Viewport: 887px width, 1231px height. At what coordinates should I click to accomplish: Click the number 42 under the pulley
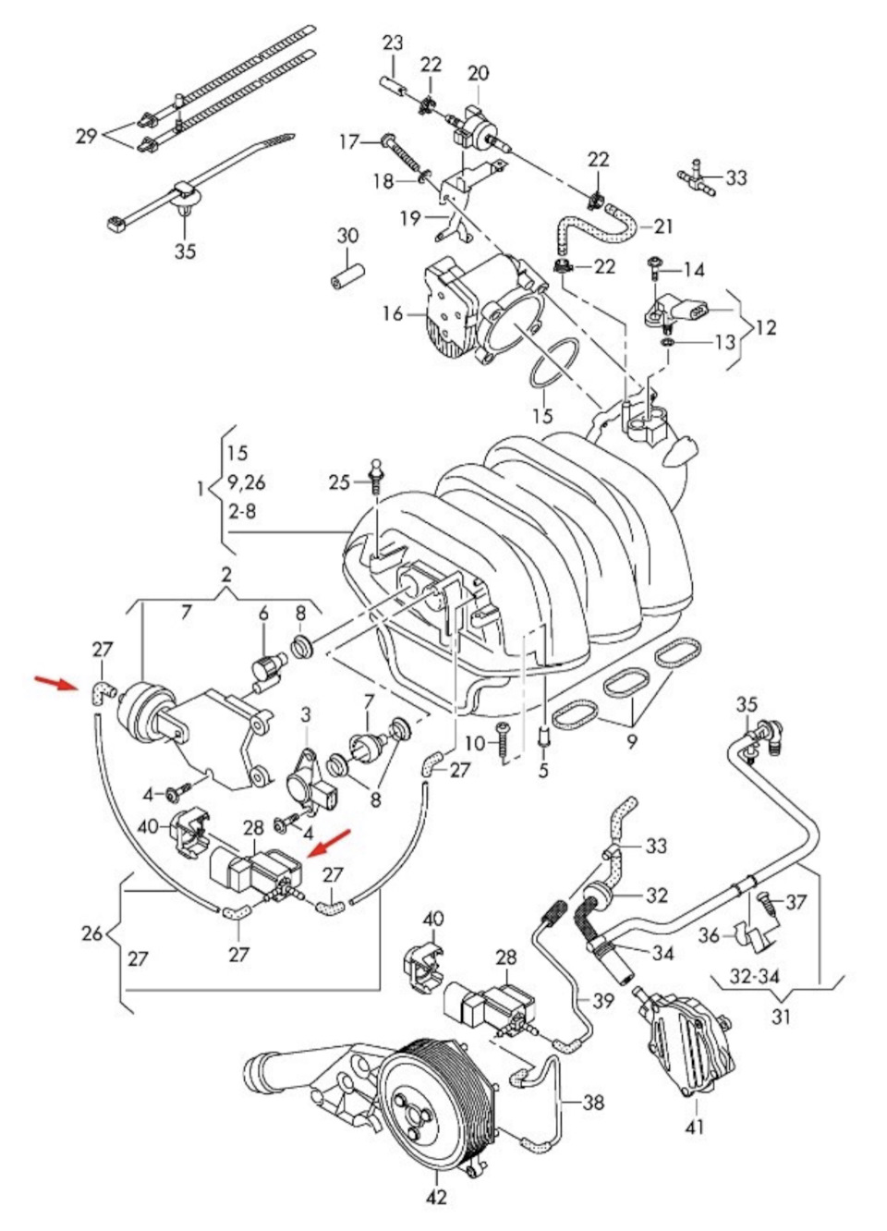436,1198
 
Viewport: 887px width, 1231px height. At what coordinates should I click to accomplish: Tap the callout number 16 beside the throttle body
393,314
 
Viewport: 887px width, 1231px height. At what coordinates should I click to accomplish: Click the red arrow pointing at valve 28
328,844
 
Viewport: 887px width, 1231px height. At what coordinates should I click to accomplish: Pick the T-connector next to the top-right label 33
698,177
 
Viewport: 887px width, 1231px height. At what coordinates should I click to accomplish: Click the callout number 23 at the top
393,43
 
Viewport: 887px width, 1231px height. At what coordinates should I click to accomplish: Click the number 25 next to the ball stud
339,481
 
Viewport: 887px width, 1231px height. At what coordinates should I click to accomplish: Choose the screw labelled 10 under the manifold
502,741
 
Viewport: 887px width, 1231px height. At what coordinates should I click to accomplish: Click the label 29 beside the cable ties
86,136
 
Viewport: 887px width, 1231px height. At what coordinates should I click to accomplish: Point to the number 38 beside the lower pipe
594,1102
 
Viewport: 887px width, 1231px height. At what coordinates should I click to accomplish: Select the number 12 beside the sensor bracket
765,327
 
